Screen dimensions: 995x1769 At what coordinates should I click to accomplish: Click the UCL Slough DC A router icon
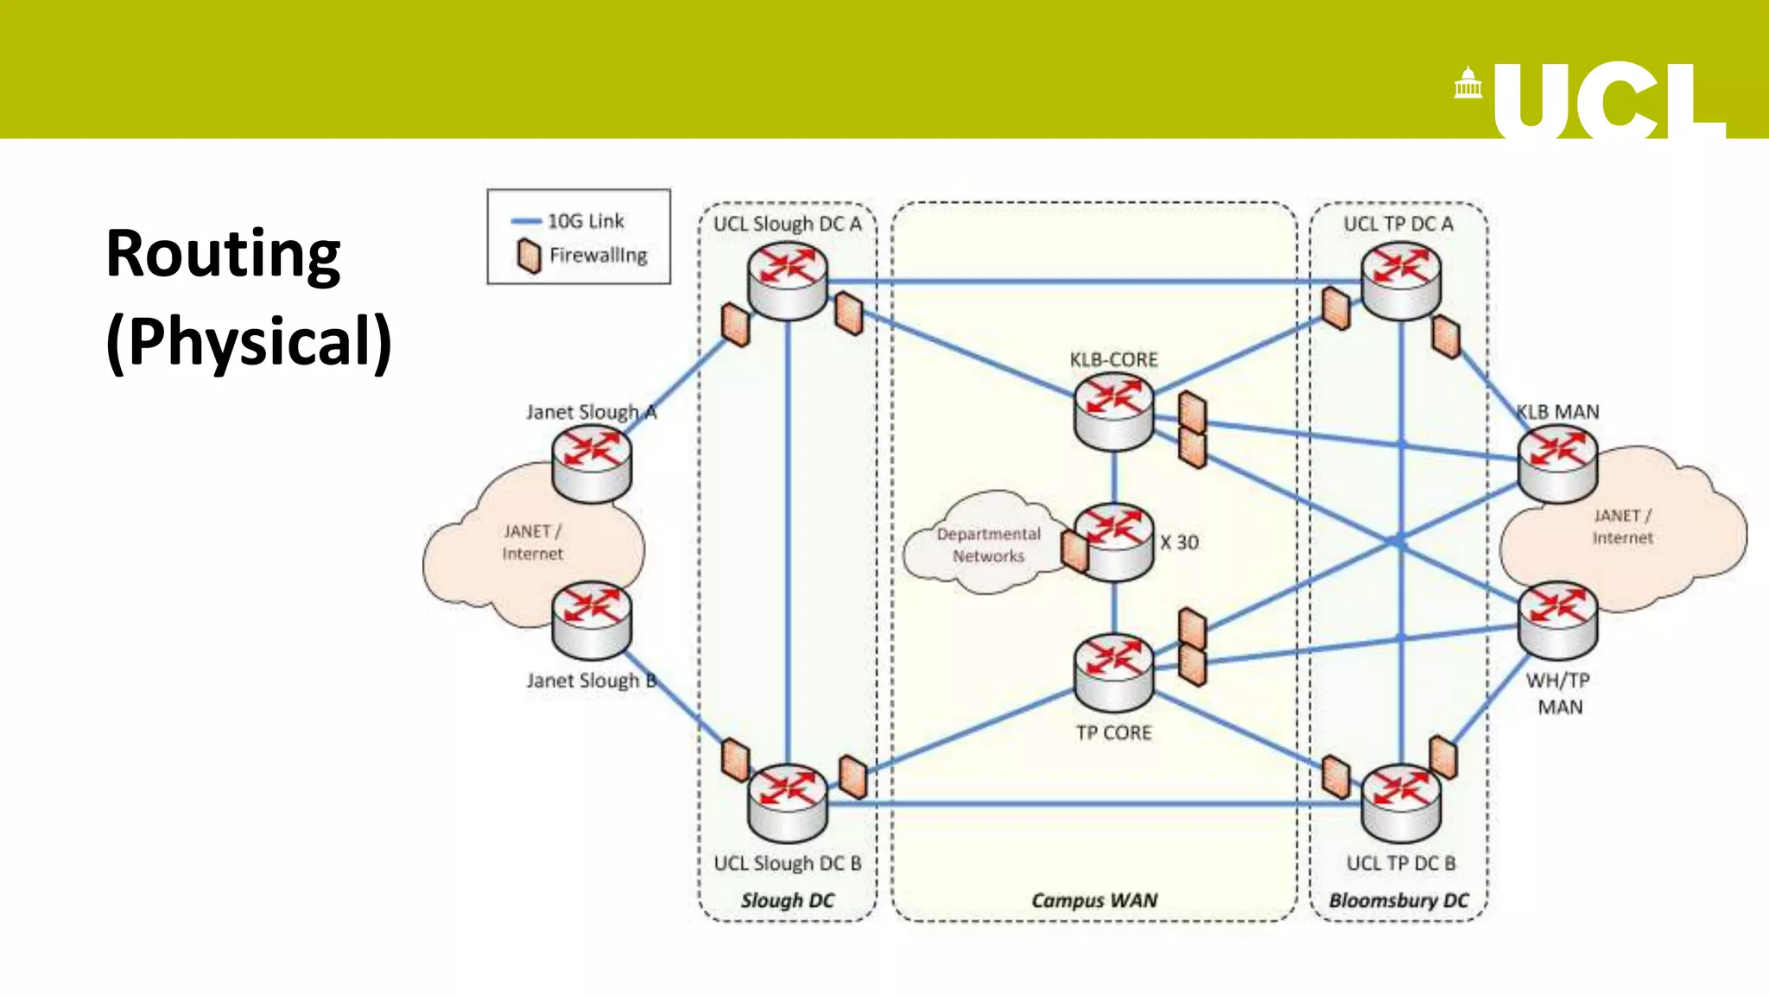coord(787,281)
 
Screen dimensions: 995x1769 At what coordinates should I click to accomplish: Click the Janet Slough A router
coord(592,464)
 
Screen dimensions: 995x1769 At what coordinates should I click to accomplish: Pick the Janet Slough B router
coord(592,619)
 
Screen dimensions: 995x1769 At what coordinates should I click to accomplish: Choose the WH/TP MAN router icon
coord(1557,619)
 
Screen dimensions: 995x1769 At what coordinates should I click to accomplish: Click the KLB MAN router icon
coord(1557,464)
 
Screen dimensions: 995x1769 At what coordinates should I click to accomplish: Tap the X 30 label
coord(1179,542)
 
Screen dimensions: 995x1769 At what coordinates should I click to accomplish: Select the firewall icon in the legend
coord(529,257)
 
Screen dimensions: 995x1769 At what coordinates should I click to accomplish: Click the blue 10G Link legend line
coord(525,221)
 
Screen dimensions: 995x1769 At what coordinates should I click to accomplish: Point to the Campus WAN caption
coord(1094,900)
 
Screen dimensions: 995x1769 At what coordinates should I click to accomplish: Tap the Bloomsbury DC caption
coord(1398,900)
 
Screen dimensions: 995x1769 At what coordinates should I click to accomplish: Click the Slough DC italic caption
coord(787,900)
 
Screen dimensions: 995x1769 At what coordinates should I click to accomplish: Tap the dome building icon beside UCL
coord(1468,84)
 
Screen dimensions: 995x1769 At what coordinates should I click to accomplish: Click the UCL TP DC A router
coord(1400,281)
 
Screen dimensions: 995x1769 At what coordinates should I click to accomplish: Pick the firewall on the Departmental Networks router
coord(1075,551)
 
